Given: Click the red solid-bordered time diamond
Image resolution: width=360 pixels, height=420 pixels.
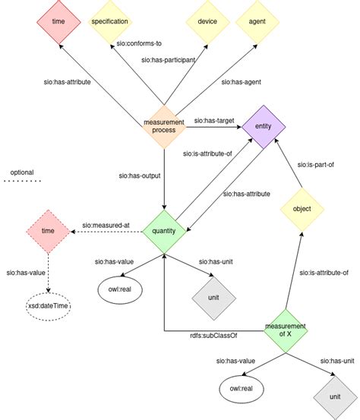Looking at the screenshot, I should (58, 23).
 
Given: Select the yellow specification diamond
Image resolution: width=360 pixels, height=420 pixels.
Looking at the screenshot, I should (109, 23).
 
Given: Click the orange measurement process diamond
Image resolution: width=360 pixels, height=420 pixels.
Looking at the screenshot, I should (165, 125).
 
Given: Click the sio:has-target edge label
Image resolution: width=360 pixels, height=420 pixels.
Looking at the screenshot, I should (213, 120).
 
